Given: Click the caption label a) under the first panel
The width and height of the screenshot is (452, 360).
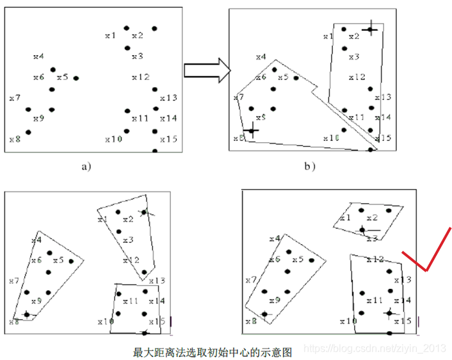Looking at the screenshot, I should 86,167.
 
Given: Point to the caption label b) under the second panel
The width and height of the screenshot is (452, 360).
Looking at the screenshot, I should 310,167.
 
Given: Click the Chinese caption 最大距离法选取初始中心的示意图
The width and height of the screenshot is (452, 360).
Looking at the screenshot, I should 213,352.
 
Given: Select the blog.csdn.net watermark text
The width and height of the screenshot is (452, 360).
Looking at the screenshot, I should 374,347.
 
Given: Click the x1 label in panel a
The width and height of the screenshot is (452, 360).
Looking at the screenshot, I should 110,35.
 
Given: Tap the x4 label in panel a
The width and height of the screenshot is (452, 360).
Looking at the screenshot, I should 38,57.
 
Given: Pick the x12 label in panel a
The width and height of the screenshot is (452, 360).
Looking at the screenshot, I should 140,78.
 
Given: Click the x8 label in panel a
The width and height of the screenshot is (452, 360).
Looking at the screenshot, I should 15,138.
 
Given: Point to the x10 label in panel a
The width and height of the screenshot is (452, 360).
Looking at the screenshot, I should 113,139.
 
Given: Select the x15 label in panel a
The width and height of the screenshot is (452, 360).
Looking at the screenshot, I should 168,139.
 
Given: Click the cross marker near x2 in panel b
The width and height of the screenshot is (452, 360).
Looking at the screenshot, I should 370,29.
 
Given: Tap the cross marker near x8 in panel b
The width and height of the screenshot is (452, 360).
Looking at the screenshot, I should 252,130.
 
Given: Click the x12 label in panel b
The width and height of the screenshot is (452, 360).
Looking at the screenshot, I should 357,78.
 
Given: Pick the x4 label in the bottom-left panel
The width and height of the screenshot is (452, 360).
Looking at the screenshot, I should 36,240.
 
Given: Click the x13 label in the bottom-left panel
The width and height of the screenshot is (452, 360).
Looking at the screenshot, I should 156,281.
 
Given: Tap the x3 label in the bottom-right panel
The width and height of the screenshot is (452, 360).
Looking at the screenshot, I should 372,238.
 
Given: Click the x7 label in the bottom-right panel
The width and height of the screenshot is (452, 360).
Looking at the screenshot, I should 251,280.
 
